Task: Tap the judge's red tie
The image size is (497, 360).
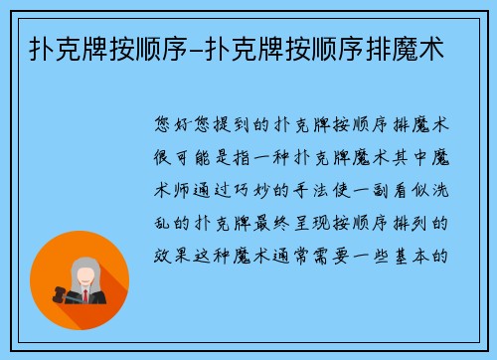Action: pyautogui.click(x=85, y=295)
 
